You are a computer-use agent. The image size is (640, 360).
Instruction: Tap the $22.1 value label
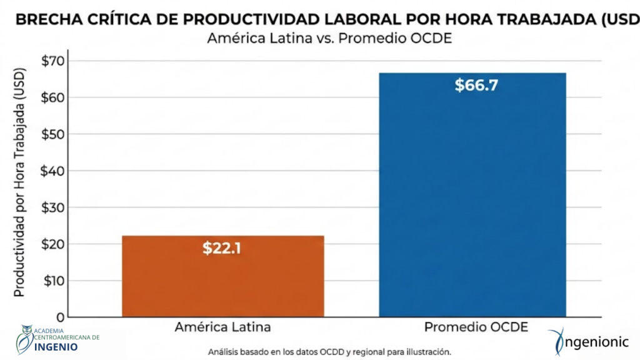pyautogui.click(x=222, y=248)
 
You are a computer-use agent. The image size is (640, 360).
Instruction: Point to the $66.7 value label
pyautogui.click(x=476, y=86)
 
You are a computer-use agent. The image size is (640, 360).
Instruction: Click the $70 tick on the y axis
pyautogui.click(x=52, y=61)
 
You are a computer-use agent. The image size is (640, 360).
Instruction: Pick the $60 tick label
pyautogui.click(x=52, y=97)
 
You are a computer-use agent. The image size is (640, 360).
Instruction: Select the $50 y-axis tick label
pyautogui.click(x=52, y=134)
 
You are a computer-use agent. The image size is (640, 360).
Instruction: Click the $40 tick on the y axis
pyautogui.click(x=52, y=171)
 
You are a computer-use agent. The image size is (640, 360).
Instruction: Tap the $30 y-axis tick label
pyautogui.click(x=52, y=207)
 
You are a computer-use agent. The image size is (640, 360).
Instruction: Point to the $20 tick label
pyautogui.click(x=52, y=244)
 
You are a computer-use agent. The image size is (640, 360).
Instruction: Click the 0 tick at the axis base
pyautogui.click(x=61, y=316)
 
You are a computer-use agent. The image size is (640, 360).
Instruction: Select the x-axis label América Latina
pyautogui.click(x=223, y=327)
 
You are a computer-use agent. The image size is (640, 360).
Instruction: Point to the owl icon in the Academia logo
pyautogui.click(x=26, y=339)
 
